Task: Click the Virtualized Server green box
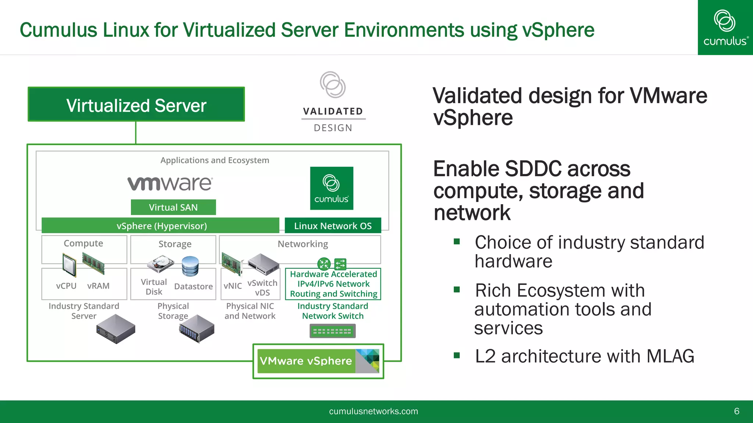[136, 105]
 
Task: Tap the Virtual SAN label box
[173, 207]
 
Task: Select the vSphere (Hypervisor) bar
[161, 225]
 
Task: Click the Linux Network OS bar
[333, 225]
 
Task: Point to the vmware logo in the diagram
[170, 183]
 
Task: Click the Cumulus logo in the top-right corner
[725, 28]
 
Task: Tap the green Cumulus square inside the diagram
[332, 188]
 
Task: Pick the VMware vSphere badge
[318, 361]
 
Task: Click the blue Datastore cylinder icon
[190, 266]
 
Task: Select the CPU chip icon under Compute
[69, 265]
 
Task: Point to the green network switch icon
[332, 331]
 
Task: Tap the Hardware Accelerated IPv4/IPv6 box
[333, 284]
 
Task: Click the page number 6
[736, 411]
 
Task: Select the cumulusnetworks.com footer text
[373, 411]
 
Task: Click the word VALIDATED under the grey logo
[333, 111]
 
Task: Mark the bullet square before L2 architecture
[457, 355]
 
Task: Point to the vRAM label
[98, 286]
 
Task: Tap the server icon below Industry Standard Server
[116, 329]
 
